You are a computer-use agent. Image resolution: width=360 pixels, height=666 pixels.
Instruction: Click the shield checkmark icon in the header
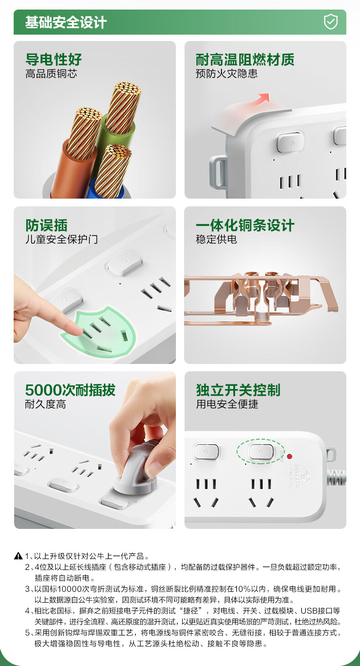(330, 22)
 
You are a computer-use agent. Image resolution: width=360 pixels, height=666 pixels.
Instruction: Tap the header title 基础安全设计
(66, 22)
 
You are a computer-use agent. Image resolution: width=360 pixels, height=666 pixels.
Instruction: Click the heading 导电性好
(54, 60)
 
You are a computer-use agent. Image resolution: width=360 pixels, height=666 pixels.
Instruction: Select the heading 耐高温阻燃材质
(245, 60)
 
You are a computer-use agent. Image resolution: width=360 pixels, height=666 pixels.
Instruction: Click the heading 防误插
(46, 225)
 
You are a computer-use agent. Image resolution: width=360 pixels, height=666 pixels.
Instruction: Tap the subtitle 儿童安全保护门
(62, 239)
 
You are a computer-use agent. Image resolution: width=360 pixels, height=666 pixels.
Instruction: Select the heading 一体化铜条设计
(245, 225)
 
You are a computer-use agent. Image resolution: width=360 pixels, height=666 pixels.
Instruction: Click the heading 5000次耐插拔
(70, 390)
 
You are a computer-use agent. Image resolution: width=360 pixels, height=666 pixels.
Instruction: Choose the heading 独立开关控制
(238, 390)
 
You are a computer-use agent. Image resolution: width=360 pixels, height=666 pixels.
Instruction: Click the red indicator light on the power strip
(289, 456)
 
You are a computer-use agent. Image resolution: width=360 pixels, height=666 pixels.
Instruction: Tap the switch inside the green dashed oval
(261, 452)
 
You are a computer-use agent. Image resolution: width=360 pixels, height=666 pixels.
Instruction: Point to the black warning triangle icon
(18, 556)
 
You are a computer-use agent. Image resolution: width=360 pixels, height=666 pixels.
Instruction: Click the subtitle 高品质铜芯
(51, 74)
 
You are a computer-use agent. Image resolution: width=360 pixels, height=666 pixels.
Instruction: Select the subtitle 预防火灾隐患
(227, 74)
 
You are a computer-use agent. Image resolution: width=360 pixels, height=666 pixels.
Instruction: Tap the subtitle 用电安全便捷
(227, 405)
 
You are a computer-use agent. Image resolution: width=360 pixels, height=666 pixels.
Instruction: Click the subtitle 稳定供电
(216, 239)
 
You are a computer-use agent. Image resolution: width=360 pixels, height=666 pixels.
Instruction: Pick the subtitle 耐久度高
(46, 405)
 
